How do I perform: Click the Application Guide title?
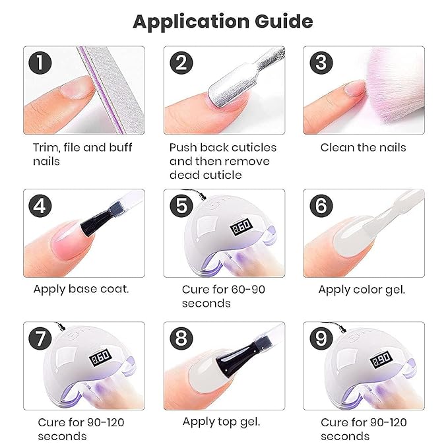223,21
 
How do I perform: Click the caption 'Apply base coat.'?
81,289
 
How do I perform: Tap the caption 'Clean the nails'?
363,147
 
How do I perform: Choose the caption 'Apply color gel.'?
362,289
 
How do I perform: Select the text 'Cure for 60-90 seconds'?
223,296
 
